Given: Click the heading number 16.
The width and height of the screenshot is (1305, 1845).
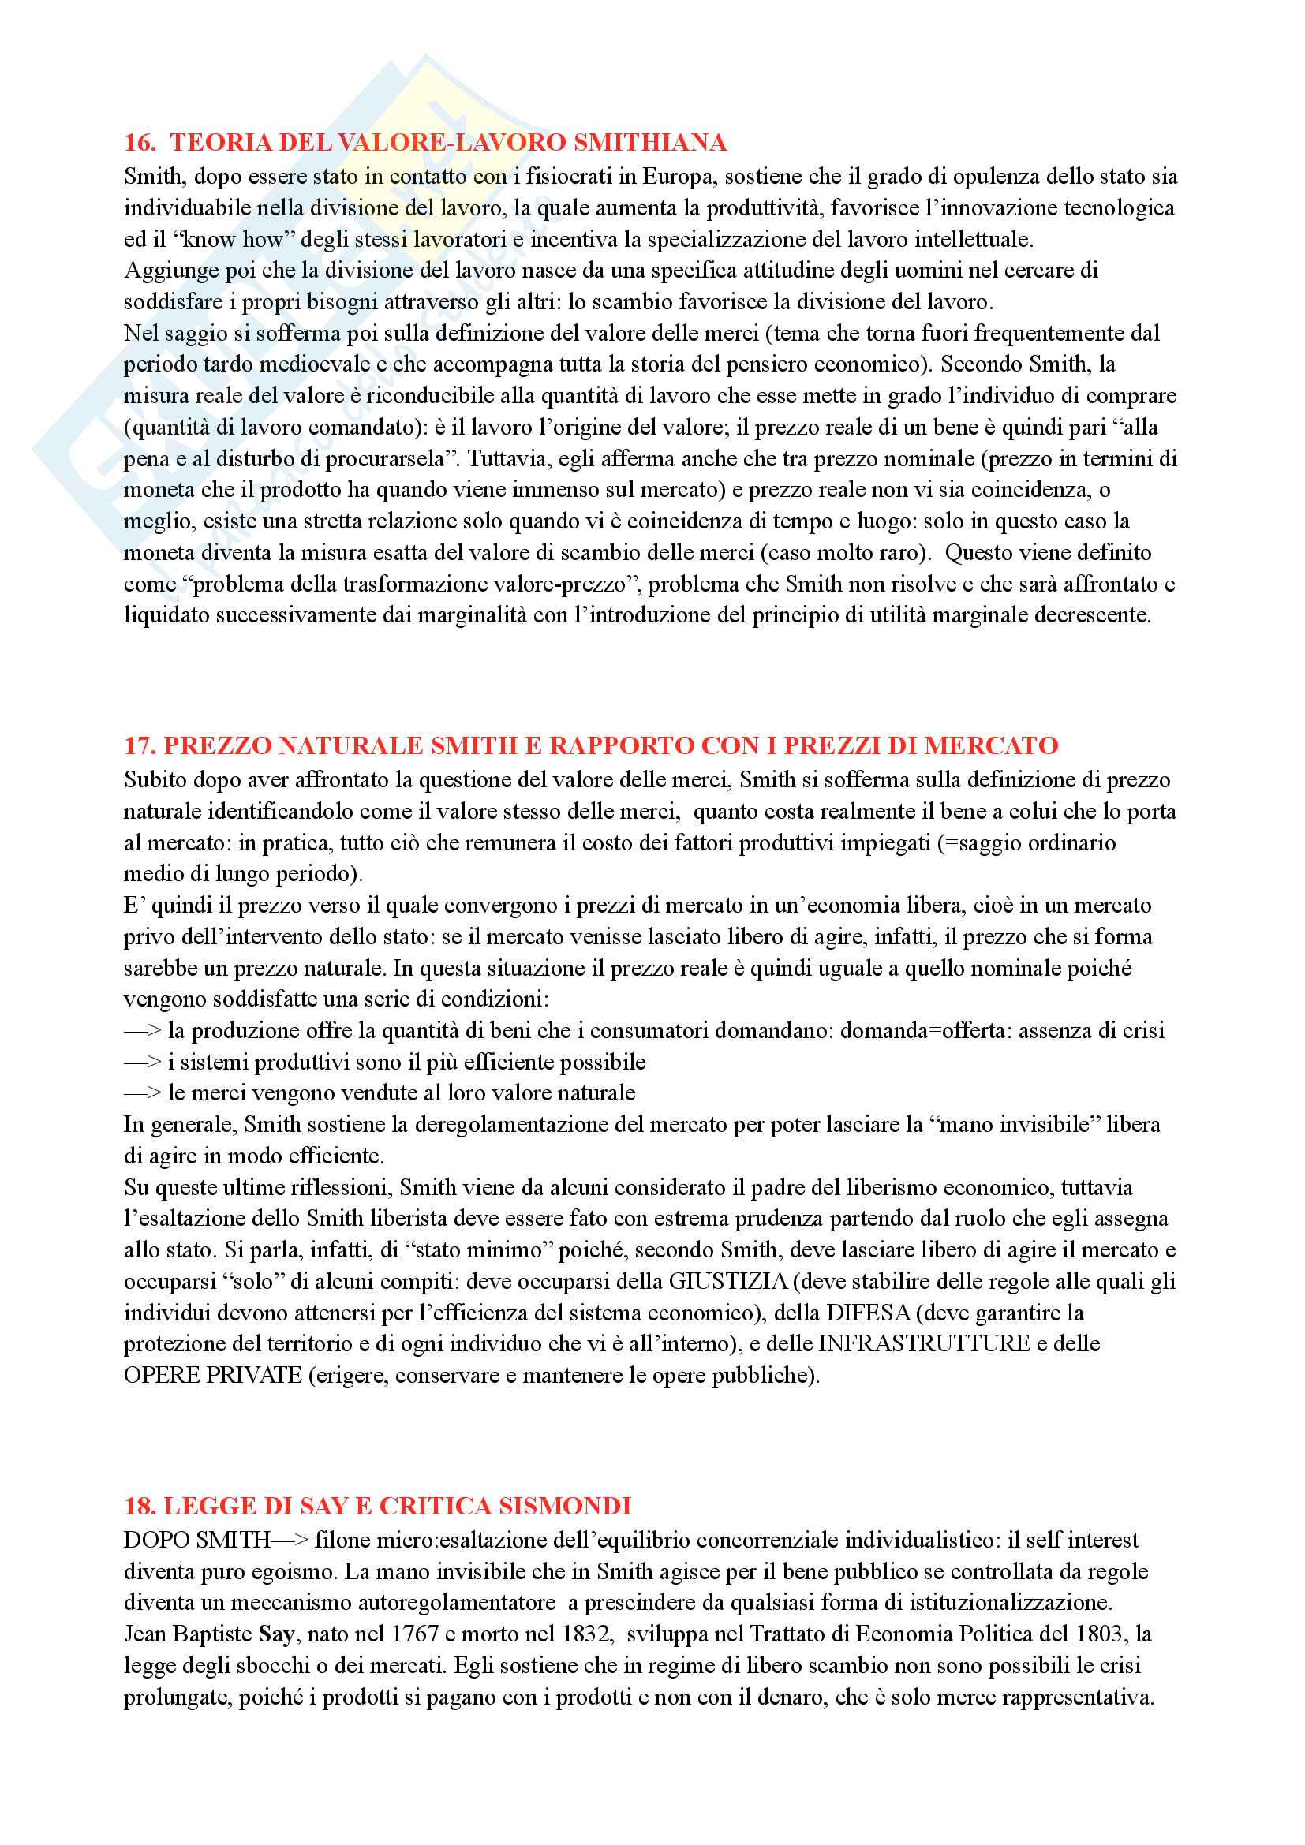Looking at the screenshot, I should click(x=139, y=143).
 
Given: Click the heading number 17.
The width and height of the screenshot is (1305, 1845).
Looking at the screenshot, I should click(x=139, y=745).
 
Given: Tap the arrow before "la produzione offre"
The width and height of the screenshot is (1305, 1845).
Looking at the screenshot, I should click(x=143, y=1031).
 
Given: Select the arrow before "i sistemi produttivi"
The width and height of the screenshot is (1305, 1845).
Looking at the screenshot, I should click(x=143, y=1063).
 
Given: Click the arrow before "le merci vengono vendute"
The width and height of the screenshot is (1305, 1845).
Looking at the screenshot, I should click(x=143, y=1093).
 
